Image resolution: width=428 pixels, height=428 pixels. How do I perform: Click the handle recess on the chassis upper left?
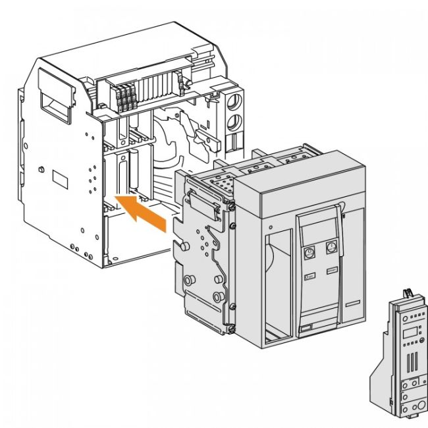pyautogui.click(x=57, y=102)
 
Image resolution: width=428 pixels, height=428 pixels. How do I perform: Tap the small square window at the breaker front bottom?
pyautogui.click(x=306, y=327)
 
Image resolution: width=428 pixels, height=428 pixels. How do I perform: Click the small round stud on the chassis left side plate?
pyautogui.click(x=41, y=170)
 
